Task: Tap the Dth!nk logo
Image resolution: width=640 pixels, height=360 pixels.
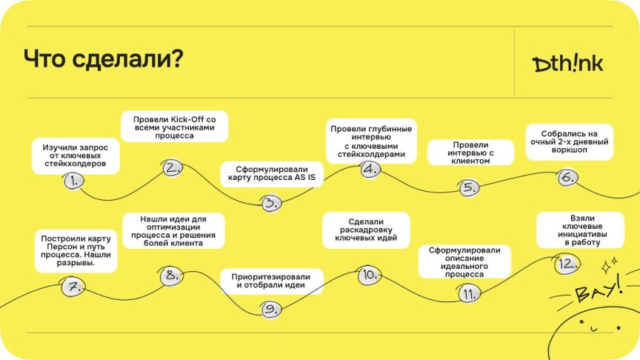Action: pyautogui.click(x=568, y=64)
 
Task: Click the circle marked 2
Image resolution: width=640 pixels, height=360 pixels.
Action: pyautogui.click(x=173, y=167)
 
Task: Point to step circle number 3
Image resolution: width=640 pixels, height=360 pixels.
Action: pyautogui.click(x=272, y=201)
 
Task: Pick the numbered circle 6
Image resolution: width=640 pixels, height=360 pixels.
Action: pyautogui.click(x=567, y=177)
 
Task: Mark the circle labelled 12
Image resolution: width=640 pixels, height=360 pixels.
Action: pyautogui.click(x=567, y=264)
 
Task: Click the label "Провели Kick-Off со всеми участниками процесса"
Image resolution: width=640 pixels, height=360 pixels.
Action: pyautogui.click(x=175, y=126)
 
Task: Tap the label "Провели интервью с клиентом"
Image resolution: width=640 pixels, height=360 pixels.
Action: pyautogui.click(x=470, y=152)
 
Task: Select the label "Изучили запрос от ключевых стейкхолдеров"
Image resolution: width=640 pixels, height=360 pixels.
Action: pyautogui.click(x=75, y=156)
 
